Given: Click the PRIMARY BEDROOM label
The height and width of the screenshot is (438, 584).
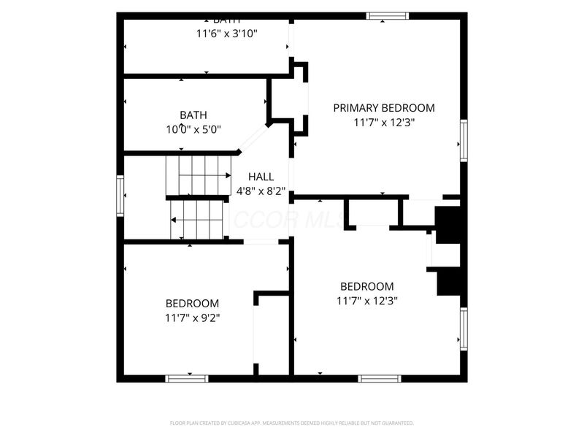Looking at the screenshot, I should coord(383,108).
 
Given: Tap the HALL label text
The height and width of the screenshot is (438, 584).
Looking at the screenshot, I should coord(261,177).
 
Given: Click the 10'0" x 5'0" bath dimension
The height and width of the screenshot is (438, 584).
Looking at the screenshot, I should coord(193,129).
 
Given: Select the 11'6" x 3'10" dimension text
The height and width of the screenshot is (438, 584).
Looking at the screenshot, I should coord(226,33).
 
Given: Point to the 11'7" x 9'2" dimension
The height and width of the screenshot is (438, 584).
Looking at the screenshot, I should coord(193,318).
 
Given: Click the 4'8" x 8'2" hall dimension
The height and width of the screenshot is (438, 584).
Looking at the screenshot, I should coord(261,191).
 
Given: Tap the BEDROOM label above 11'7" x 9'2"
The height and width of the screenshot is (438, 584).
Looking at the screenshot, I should coord(192,303).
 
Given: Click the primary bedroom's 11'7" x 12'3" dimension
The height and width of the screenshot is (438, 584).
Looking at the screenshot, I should coord(383,123).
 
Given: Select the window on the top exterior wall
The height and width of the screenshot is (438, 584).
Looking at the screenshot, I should coord(387,15).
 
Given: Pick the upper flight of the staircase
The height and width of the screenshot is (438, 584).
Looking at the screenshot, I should coord(197,175).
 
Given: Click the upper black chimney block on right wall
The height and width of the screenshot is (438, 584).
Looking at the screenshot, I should coord(447,225).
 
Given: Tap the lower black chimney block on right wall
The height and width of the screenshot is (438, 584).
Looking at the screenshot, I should coord(448,281).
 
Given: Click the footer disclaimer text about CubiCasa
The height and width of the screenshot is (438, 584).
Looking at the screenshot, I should coord(292,423).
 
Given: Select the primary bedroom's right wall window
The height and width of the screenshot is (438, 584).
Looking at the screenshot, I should coord(463,141).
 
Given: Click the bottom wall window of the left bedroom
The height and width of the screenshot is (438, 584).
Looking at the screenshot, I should coord(187,378).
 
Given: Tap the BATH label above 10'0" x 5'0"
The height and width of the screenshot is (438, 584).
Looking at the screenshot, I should coord(193,115).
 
